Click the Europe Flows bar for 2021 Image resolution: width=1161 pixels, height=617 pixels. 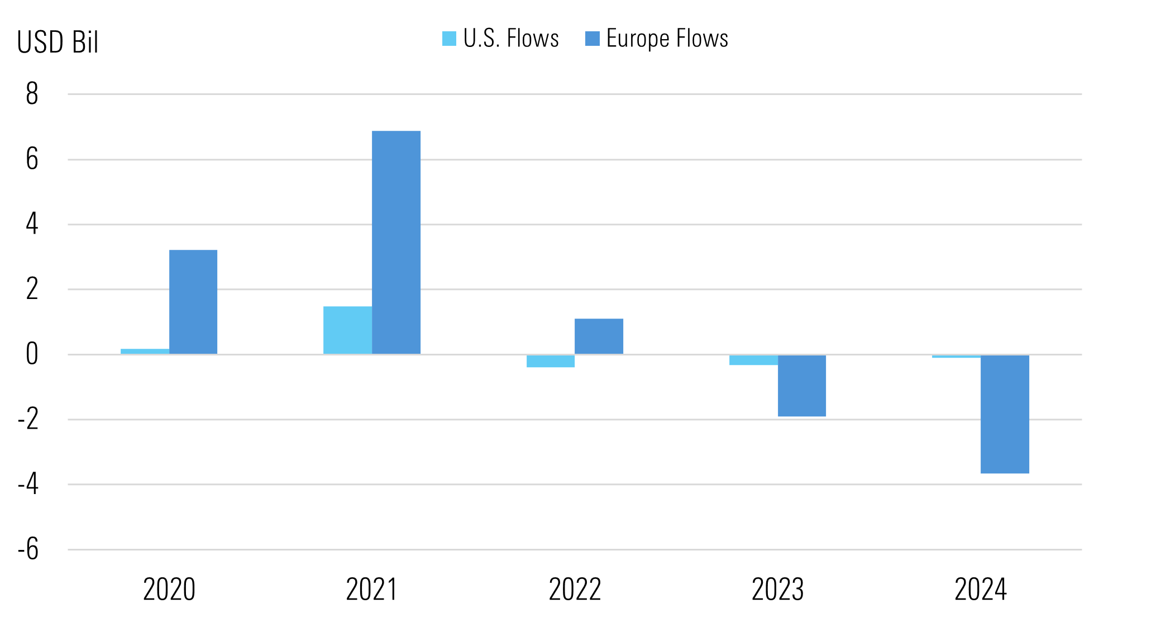pyautogui.click(x=396, y=242)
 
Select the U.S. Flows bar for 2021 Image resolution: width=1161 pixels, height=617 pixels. pyautogui.click(x=347, y=330)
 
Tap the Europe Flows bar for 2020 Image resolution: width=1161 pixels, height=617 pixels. pyautogui.click(x=193, y=302)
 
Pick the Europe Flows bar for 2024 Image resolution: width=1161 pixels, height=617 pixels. pyautogui.click(x=1005, y=414)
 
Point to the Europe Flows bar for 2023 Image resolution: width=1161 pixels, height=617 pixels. pyautogui.click(x=801, y=386)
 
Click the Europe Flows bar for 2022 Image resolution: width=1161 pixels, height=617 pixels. pyautogui.click(x=599, y=336)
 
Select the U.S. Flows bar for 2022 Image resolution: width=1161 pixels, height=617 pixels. pyautogui.click(x=550, y=361)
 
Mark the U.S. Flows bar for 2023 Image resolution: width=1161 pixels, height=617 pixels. pyautogui.click(x=753, y=360)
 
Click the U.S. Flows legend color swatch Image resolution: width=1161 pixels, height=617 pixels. pyautogui.click(x=449, y=39)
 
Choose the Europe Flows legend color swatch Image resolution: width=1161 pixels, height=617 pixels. pyautogui.click(x=592, y=39)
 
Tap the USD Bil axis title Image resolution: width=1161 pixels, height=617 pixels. pyautogui.click(x=58, y=42)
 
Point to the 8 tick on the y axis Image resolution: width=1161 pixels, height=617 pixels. pyautogui.click(x=32, y=94)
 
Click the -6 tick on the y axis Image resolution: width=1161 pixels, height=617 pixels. pyautogui.click(x=28, y=549)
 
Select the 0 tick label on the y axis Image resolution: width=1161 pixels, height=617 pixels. pyautogui.click(x=32, y=354)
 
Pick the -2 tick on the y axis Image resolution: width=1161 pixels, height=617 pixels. pyautogui.click(x=28, y=419)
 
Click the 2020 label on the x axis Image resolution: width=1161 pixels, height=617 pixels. pyautogui.click(x=169, y=590)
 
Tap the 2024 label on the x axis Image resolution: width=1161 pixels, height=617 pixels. pyautogui.click(x=980, y=590)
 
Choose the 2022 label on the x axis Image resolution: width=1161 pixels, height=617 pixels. pyautogui.click(x=575, y=590)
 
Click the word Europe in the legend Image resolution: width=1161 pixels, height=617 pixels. pyautogui.click(x=638, y=39)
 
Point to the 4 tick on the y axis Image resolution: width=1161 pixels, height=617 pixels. pyautogui.click(x=32, y=224)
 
